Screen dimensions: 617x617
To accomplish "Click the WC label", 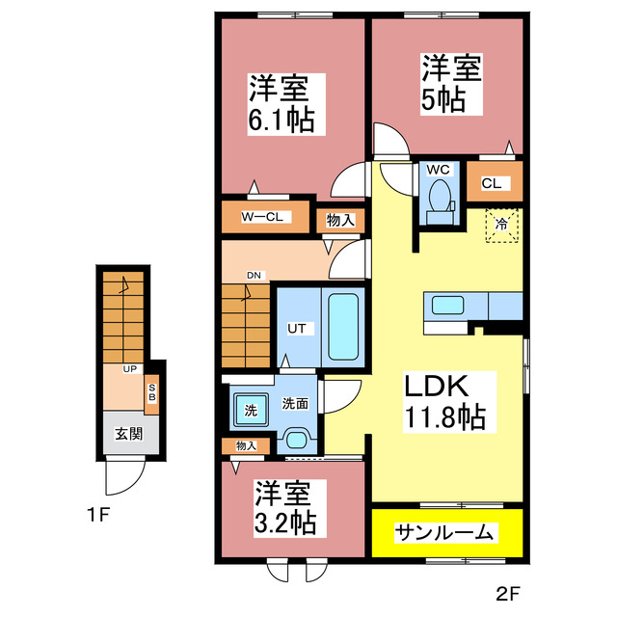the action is (x=438, y=170).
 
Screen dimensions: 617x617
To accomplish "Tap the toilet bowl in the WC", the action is (x=440, y=196).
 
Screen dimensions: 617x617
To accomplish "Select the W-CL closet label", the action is (x=262, y=216).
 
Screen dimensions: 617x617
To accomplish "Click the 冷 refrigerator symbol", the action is (x=501, y=226).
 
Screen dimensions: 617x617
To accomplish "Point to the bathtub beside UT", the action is (x=343, y=327).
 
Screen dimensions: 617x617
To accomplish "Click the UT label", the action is (x=296, y=328).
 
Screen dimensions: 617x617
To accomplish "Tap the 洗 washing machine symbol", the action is (x=251, y=410).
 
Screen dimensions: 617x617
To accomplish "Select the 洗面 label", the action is (x=295, y=403).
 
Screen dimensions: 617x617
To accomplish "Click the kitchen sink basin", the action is (x=447, y=305).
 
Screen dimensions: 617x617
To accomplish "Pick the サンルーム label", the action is (x=444, y=533).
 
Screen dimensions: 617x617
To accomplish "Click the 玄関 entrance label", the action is (x=128, y=434).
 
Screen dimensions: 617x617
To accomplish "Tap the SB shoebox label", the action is (x=152, y=392).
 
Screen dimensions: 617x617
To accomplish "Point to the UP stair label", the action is (x=130, y=368).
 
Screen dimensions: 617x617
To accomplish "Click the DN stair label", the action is (x=254, y=276).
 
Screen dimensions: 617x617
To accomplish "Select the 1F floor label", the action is (x=98, y=515).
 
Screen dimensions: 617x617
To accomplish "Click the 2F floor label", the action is (x=508, y=594).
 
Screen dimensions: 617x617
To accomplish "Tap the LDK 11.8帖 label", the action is (x=445, y=402).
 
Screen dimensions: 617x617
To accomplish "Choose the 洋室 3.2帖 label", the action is (x=285, y=508).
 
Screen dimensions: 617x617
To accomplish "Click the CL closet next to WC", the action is (x=492, y=183).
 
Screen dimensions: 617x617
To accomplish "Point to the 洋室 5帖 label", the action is (x=452, y=84).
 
